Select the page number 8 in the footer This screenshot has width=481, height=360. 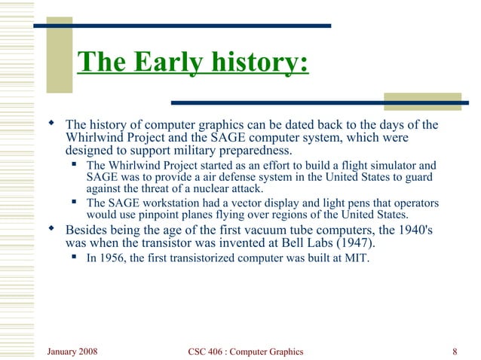455,352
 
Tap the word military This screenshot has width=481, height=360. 189,151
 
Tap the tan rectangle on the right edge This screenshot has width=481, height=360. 422,102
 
